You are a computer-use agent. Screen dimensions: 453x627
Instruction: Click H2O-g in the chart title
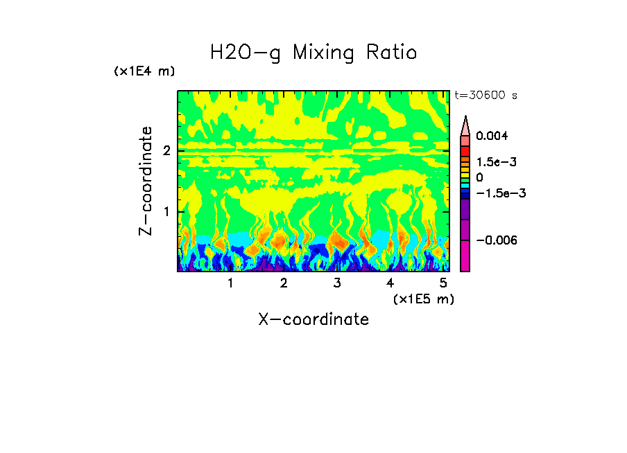246,53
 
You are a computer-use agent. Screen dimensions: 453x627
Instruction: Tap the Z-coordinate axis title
146,181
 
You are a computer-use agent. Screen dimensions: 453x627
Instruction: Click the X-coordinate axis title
313,319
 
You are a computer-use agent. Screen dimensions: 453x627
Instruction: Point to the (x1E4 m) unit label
144,71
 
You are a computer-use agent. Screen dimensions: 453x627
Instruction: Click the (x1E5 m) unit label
423,299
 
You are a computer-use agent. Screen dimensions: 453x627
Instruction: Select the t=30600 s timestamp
486,96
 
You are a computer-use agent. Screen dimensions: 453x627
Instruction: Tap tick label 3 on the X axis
336,283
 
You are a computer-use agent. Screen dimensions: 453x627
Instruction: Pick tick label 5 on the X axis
443,283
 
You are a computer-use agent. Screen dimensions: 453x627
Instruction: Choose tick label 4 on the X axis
390,283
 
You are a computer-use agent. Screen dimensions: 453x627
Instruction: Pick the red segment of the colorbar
465,150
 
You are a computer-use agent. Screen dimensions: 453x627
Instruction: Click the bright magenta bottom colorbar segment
465,256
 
